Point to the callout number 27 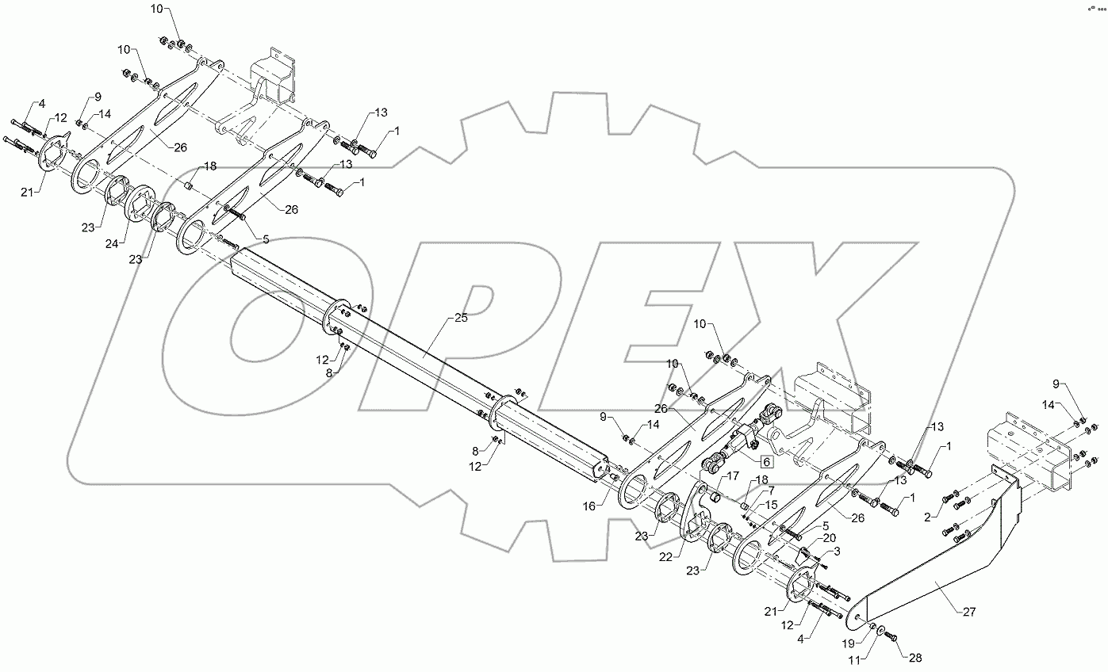click(970, 612)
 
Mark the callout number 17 click(732, 476)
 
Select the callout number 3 click(836, 551)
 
